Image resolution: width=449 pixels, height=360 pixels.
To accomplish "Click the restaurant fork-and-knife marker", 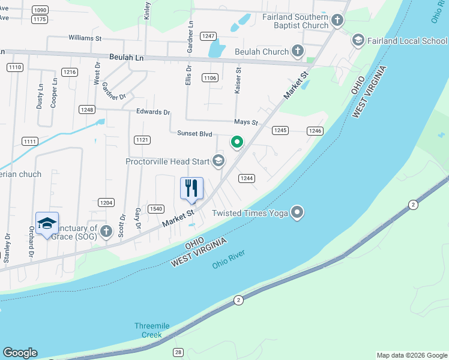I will (x=192, y=188).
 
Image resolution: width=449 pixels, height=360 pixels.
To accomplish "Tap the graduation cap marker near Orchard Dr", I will (x=47, y=224).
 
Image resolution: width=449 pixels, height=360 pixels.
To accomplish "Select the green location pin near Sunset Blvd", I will (x=237, y=142).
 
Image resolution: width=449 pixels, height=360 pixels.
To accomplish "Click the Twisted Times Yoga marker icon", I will (x=297, y=212).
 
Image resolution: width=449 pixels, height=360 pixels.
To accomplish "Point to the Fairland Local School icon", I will (x=358, y=40).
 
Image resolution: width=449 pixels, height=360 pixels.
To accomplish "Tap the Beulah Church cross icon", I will (x=297, y=52).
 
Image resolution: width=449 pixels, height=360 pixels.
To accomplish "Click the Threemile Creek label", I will (x=152, y=330).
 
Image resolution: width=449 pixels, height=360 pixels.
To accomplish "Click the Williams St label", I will (x=85, y=37).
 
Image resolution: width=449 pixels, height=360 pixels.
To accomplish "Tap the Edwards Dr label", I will (x=153, y=112).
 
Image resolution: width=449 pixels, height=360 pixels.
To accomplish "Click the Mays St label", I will (x=246, y=122).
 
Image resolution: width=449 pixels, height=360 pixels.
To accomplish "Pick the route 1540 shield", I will (x=155, y=208).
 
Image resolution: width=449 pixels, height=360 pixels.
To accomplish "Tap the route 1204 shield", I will (x=106, y=202).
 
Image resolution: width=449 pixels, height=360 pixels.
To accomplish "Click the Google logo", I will (x=20, y=353).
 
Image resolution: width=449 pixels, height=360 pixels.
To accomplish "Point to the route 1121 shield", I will (x=142, y=140).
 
